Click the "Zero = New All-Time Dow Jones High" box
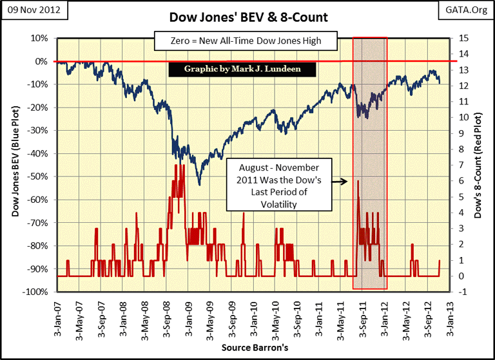click(246, 43)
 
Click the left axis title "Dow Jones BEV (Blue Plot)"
click(15, 164)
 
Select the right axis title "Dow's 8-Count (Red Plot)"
click(479, 164)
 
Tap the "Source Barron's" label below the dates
click(249, 348)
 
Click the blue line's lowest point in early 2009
click(199, 184)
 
